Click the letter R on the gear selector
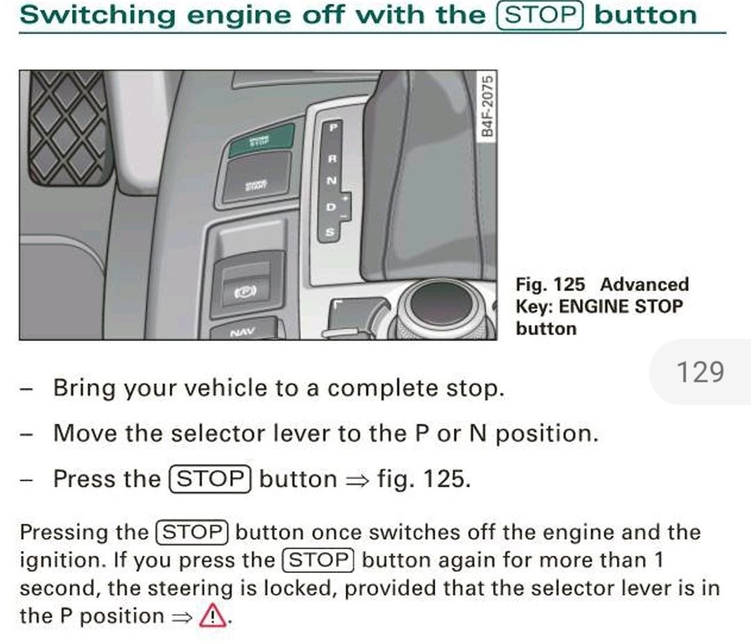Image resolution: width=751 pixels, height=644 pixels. coord(332,159)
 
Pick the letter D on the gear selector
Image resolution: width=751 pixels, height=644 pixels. coord(331,207)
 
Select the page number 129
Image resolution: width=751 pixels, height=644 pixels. coord(700,372)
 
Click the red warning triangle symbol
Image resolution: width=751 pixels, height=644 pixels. coord(213,616)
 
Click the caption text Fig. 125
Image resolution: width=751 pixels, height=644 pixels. coord(550,284)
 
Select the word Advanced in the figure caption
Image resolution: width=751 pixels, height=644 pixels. coord(644,284)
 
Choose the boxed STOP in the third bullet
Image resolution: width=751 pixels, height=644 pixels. coord(209,479)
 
